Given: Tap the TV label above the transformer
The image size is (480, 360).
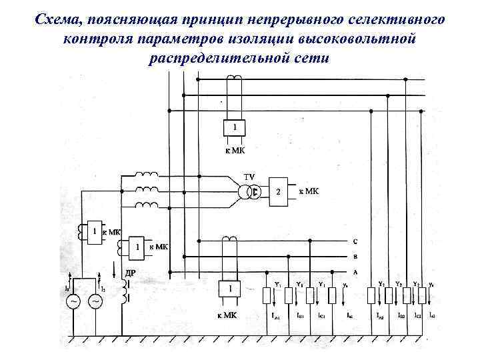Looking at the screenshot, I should pos(249,177).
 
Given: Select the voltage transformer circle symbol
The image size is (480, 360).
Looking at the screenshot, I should pos(249,192).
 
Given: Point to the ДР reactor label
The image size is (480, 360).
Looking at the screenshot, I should pos(131,273).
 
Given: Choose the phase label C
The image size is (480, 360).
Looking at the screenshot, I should pos(355,241).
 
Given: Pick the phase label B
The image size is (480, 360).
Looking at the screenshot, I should pos(355,257).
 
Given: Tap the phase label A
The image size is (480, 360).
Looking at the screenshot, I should pos(355,271).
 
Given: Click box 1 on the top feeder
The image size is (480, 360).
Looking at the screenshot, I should pos(233,127).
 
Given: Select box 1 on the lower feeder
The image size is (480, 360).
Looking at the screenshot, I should pos(230,289).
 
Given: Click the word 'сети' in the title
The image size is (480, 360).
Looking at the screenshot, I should pos(311,57).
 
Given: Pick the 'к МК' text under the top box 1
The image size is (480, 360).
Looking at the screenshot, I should pos(233,150).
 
